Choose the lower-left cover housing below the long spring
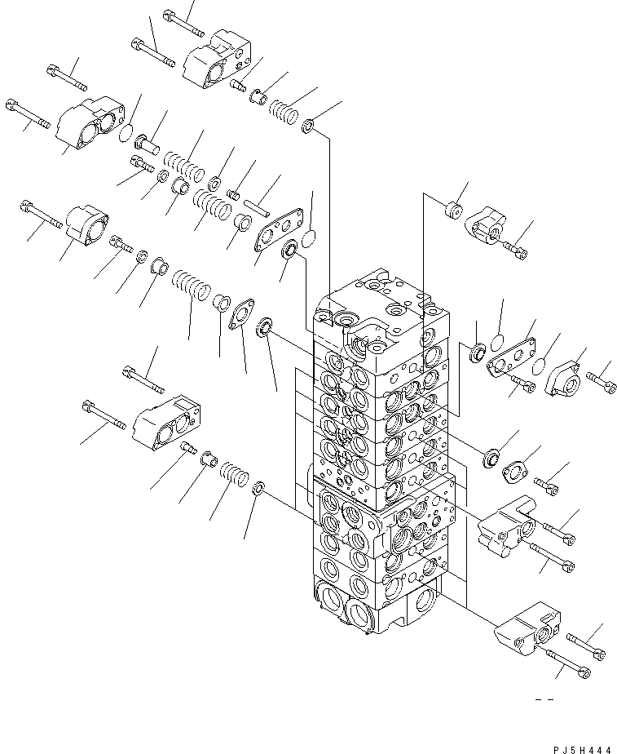tap(165, 423)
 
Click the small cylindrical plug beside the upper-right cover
tap(454, 211)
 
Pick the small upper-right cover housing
tap(487, 224)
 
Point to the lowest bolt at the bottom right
tap(575, 671)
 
